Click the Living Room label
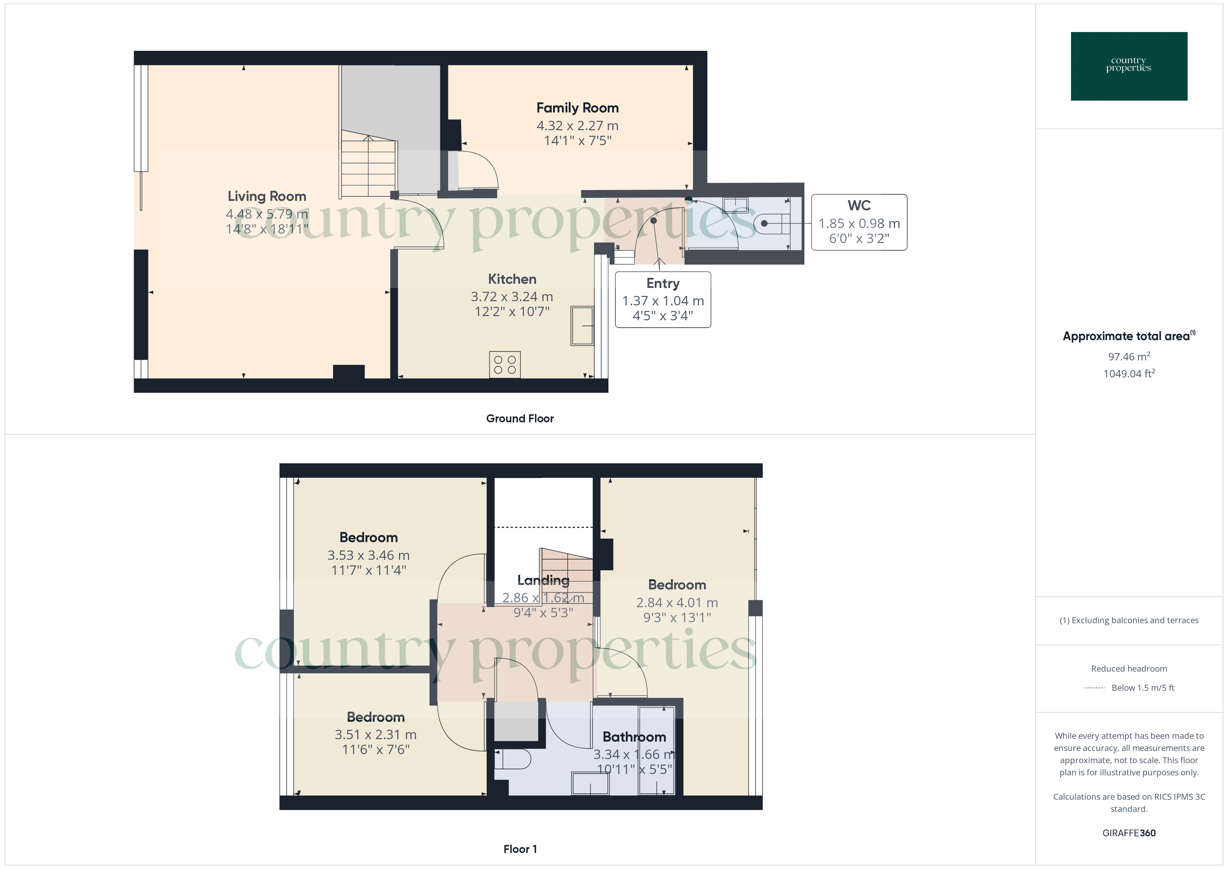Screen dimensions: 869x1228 coord(267,196)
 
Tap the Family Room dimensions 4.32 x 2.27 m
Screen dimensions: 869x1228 coord(577,126)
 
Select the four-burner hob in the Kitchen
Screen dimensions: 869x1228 coord(504,365)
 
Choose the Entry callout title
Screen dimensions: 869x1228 coord(663,284)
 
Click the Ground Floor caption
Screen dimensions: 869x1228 coord(519,418)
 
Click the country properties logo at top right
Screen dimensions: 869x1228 coord(1128,66)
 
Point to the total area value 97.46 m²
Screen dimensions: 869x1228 coord(1128,357)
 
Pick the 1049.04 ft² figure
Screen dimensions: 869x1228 coord(1128,374)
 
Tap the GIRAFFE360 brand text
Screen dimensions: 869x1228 coord(1128,832)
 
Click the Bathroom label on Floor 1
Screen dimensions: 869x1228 coord(634,737)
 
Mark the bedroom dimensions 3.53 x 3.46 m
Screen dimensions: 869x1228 coord(369,555)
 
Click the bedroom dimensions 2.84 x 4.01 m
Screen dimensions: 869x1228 coord(677,603)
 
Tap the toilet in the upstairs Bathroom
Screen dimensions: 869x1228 coord(513,759)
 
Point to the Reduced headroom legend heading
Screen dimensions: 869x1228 coord(1128,668)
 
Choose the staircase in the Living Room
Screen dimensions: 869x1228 coord(369,166)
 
